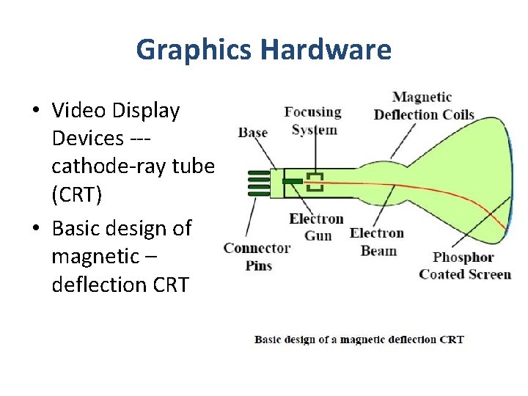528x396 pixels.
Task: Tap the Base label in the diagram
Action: point(253,133)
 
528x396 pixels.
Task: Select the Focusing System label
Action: point(313,121)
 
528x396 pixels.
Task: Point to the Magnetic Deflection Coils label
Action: point(423,106)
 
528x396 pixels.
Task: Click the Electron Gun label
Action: point(316,227)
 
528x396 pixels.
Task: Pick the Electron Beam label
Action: point(377,242)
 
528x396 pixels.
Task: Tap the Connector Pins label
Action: point(257,257)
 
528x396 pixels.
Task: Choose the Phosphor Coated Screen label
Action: point(464,265)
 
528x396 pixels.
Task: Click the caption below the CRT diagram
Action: point(359,340)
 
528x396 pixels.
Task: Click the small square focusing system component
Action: point(315,181)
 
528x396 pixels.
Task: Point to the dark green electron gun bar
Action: point(293,180)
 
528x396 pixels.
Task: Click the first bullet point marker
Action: point(35,111)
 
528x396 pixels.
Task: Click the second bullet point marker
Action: point(35,229)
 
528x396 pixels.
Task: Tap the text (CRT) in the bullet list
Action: point(77,195)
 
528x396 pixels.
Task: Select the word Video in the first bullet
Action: point(75,111)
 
